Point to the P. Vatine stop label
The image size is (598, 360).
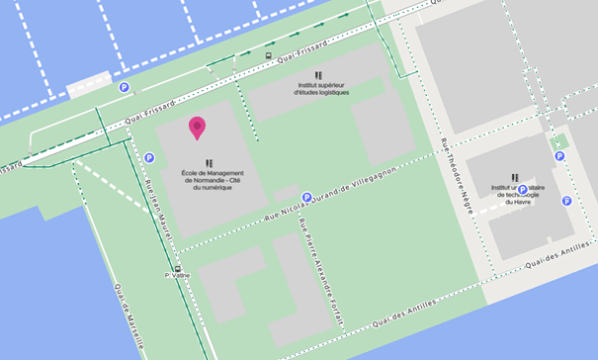click(x=176, y=279)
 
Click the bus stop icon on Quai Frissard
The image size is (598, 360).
click(x=269, y=55)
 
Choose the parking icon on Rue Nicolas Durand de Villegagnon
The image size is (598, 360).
click(x=307, y=197)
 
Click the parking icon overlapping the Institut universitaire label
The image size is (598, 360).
click(x=523, y=189)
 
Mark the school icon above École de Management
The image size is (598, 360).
click(x=210, y=163)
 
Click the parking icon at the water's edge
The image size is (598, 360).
click(x=125, y=88)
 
